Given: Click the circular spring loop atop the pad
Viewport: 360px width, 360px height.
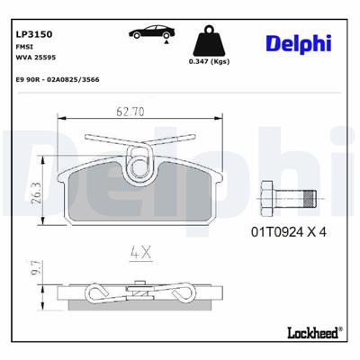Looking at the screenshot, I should click(x=143, y=165).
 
